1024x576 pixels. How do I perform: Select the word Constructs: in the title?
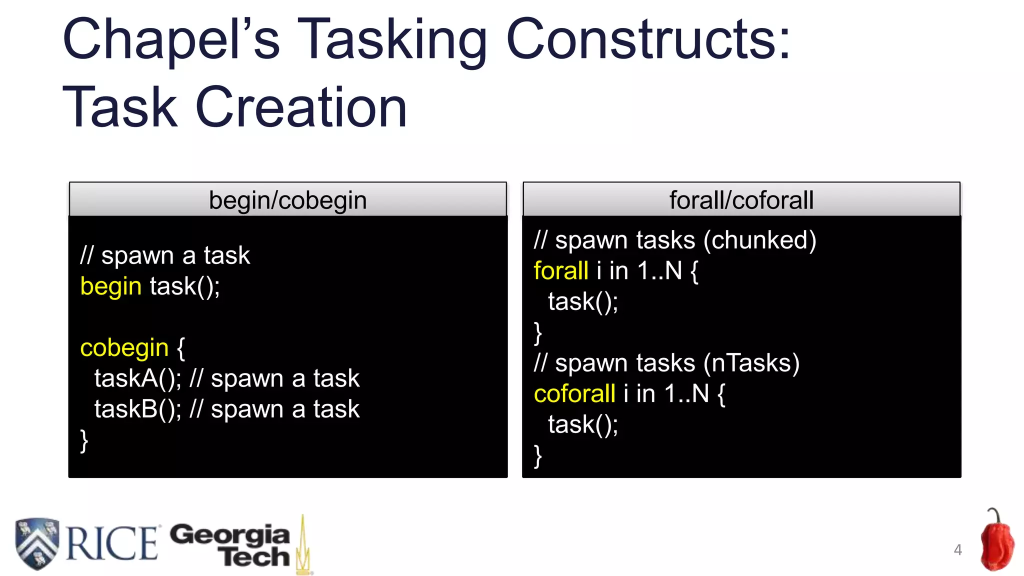click(648, 40)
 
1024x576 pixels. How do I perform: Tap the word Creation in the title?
click(301, 107)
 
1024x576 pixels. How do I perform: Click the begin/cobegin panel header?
click(287, 200)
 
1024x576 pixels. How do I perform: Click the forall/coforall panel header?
click(741, 200)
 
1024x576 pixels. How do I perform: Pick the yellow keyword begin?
click(111, 286)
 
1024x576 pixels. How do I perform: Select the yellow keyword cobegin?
click(124, 348)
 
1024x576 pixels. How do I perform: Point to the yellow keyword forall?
click(560, 271)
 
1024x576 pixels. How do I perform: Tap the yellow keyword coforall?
click(574, 394)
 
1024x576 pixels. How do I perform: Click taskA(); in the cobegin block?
click(138, 378)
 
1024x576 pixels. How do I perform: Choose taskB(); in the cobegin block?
click(138, 409)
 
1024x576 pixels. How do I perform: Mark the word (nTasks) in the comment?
click(751, 363)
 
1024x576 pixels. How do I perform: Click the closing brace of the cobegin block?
click(84, 441)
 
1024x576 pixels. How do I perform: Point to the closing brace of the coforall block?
click(538, 456)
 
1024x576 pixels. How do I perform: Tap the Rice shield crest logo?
click(36, 543)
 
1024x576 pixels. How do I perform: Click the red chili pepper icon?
click(996, 542)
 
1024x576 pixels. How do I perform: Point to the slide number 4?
click(957, 550)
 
